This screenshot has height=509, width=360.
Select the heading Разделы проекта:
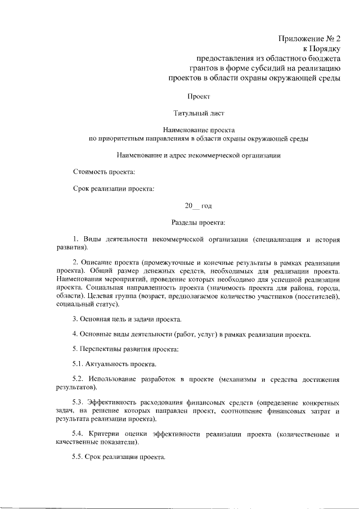click(199, 223)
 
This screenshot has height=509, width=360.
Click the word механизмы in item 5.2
click(240, 380)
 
